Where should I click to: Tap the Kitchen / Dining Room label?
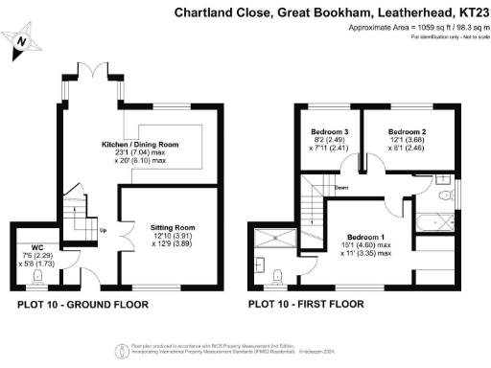149,144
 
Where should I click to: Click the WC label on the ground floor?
37,245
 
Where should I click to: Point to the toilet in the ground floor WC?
37,279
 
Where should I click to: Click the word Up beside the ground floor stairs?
103,230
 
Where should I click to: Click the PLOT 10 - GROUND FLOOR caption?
83,307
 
